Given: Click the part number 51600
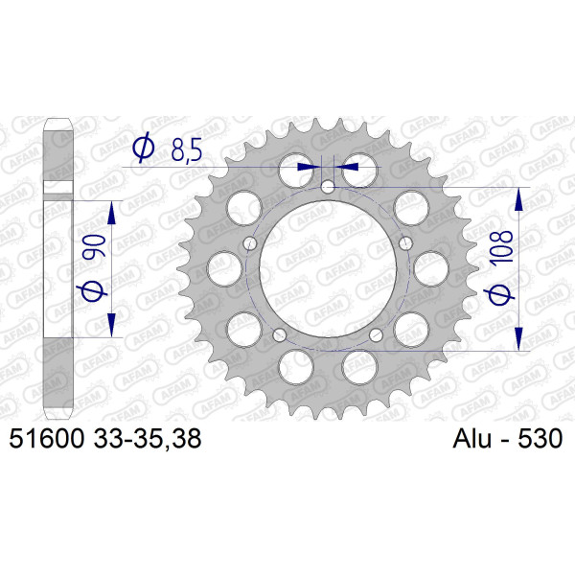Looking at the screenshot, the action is (x=47, y=438).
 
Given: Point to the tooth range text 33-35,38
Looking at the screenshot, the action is (x=148, y=439).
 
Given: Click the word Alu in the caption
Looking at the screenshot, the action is (x=471, y=438).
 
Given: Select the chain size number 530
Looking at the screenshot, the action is (x=540, y=438).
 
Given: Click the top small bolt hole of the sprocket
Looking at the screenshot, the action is (x=328, y=187).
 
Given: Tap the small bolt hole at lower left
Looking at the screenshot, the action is (x=280, y=334).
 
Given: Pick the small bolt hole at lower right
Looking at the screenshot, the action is (x=376, y=334).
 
